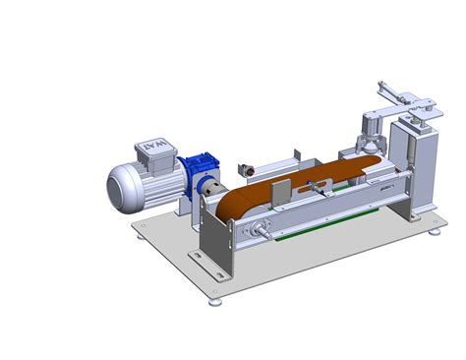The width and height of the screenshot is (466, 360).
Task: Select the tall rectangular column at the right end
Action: coord(412,162)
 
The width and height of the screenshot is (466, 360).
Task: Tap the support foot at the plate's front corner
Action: coord(215,301)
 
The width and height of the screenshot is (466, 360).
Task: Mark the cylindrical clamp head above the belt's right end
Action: coord(372,128)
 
